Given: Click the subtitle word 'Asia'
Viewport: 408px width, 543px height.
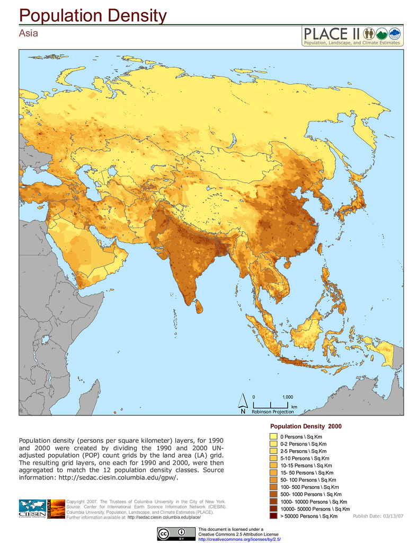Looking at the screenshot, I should coord(29,33).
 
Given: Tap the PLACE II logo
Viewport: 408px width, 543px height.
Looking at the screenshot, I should coord(351,36).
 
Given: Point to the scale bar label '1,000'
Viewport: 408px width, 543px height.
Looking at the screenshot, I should coord(288,397).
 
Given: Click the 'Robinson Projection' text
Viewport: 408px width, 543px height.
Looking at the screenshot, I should coord(273,412).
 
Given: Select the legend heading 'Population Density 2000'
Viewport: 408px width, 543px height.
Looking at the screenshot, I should coord(306,426).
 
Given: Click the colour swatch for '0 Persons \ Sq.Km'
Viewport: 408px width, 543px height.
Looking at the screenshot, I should coord(273,436).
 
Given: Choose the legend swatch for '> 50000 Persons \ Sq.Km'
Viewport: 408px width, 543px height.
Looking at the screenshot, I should coord(273,516).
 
